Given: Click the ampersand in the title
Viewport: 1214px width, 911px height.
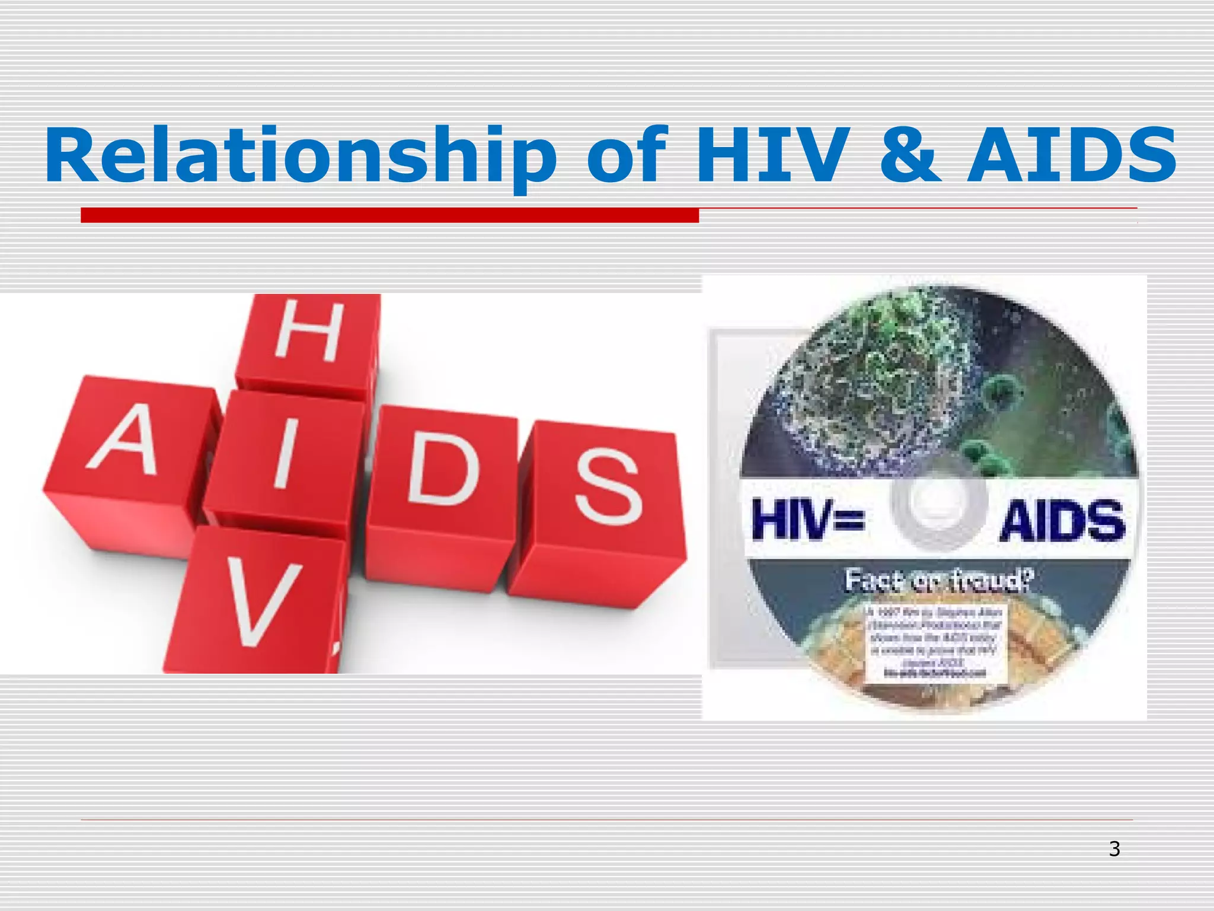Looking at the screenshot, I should [x=910, y=155].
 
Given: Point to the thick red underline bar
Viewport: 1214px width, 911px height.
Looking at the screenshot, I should [x=389, y=215].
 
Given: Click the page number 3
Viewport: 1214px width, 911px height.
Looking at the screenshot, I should [x=1114, y=849].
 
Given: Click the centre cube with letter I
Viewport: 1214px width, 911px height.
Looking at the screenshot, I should [x=283, y=460].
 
